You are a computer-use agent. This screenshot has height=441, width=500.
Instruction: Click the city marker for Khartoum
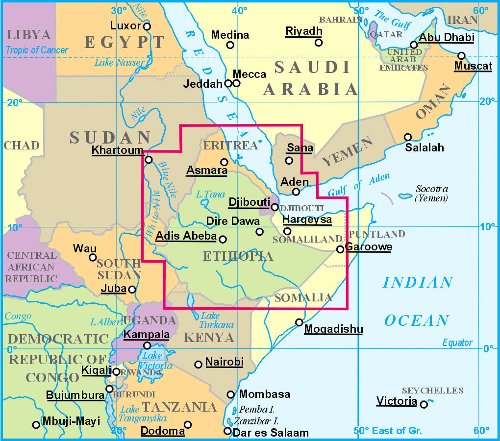(149, 159)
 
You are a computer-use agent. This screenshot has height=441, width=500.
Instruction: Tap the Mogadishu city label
(333, 329)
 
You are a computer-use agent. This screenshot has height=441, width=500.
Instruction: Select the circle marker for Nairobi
(198, 364)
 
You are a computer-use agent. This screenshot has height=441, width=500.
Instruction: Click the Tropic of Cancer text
(37, 50)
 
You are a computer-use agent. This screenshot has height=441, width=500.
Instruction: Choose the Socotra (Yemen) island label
(431, 194)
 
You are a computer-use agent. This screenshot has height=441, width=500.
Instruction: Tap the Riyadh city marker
(319, 43)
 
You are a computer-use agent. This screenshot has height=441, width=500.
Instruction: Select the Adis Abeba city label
(186, 236)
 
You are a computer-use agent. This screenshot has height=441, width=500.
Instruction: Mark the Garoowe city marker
(340, 249)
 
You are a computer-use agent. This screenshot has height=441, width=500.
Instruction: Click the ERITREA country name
(230, 146)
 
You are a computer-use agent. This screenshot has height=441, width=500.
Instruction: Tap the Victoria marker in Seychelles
(424, 404)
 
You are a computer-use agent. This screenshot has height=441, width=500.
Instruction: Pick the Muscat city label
(473, 66)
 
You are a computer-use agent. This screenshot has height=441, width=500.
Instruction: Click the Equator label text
(457, 343)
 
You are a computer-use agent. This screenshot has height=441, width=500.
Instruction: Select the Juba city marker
(132, 290)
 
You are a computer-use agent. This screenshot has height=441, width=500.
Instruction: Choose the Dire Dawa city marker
(260, 232)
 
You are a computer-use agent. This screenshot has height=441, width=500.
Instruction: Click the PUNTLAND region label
(377, 234)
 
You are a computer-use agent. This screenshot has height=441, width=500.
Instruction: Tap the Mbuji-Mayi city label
(71, 421)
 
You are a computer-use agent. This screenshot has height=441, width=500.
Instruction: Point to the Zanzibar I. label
(256, 420)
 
